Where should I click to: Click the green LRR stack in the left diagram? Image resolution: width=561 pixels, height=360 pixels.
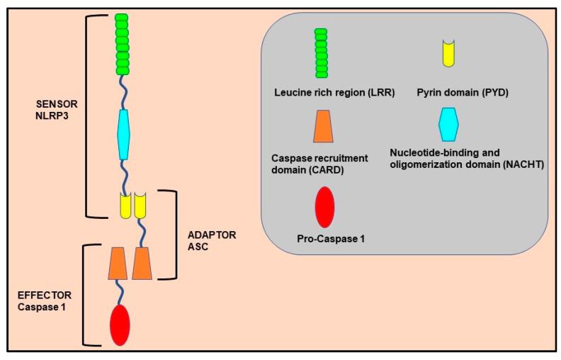123,44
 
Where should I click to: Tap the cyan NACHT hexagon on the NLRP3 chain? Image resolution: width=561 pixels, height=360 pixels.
124,134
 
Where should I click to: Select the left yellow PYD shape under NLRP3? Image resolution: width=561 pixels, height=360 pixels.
124,206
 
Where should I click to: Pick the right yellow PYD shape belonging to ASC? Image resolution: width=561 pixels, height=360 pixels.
140,206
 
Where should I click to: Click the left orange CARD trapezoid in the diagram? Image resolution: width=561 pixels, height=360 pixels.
118,261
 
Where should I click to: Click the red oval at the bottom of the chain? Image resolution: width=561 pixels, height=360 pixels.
120,325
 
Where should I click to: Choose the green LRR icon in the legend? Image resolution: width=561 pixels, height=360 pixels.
322,53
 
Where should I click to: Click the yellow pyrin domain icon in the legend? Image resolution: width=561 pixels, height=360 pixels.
448,54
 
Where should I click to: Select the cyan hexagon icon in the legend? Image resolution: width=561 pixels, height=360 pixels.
448,125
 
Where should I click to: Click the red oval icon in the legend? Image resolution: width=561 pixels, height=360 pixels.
324,206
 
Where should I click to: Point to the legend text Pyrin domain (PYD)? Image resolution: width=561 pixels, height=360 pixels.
452,92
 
